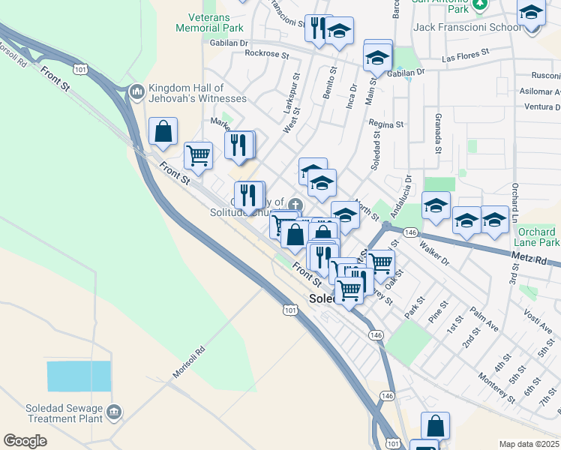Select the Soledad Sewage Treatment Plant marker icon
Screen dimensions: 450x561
[x=114, y=411]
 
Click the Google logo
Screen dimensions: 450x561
[x=25, y=441]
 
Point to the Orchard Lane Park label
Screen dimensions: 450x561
[x=536, y=237]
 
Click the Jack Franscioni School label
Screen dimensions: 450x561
[x=466, y=28]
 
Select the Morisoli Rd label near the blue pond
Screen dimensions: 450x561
[x=189, y=363]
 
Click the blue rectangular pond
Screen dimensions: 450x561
[x=79, y=376]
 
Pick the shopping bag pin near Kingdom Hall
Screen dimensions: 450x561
[x=163, y=131]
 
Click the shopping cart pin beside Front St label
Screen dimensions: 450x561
[x=198, y=155]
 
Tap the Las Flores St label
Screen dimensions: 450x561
[x=465, y=55]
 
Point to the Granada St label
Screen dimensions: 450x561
[x=436, y=133]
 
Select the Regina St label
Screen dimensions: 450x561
[x=386, y=124]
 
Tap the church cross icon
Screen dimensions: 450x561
[x=295, y=205]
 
